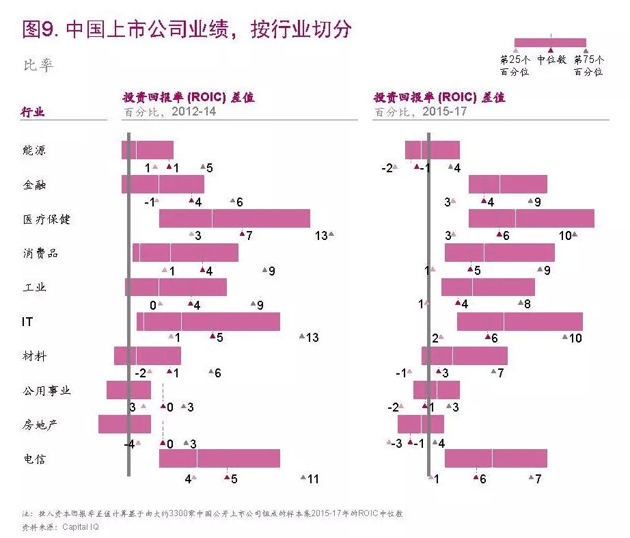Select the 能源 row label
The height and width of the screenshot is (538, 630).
click(34, 150)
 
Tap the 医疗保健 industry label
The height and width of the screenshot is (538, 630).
click(46, 219)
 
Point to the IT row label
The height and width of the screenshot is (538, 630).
click(27, 321)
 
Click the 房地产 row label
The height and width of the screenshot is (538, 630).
click(40, 425)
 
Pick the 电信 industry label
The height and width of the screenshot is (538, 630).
click(34, 459)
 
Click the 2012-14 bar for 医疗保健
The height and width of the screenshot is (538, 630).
click(234, 218)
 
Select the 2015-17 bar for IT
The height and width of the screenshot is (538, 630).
click(519, 321)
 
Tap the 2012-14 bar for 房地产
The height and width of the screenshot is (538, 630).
click(124, 424)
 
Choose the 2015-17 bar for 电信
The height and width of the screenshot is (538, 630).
click(495, 458)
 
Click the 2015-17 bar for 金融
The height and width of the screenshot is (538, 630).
click(508, 184)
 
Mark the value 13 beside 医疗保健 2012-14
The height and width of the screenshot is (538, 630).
click(321, 236)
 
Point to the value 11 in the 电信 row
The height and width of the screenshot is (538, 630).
click(312, 479)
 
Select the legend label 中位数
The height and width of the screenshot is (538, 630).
click(551, 59)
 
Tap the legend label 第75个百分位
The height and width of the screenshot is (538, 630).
click(588, 66)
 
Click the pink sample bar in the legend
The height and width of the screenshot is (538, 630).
click(550, 42)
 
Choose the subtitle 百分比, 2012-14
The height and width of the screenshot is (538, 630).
click(169, 111)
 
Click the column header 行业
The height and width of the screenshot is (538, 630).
click(33, 112)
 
